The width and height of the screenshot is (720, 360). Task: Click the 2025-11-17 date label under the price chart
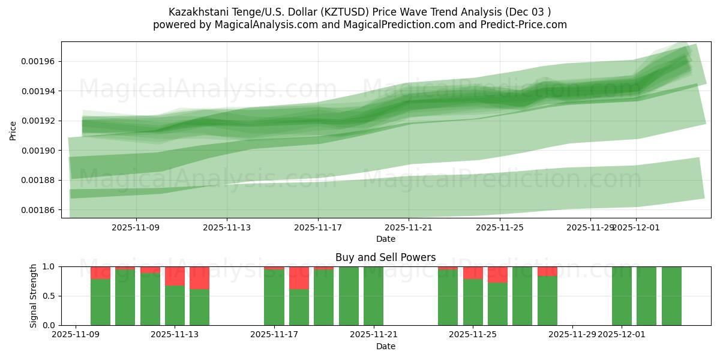tap(318, 227)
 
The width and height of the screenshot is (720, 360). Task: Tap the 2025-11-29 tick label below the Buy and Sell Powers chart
tap(574, 335)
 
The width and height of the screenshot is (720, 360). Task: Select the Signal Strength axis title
tap(34, 296)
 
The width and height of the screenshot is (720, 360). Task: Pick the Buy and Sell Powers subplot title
tap(386, 257)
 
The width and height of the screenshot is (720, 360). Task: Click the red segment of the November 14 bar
tap(199, 278)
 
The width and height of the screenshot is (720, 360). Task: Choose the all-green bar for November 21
tap(373, 296)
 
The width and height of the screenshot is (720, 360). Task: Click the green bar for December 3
tap(671, 296)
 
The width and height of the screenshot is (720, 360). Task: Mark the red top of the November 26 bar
tap(497, 274)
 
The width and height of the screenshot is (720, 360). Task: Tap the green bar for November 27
tap(522, 296)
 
